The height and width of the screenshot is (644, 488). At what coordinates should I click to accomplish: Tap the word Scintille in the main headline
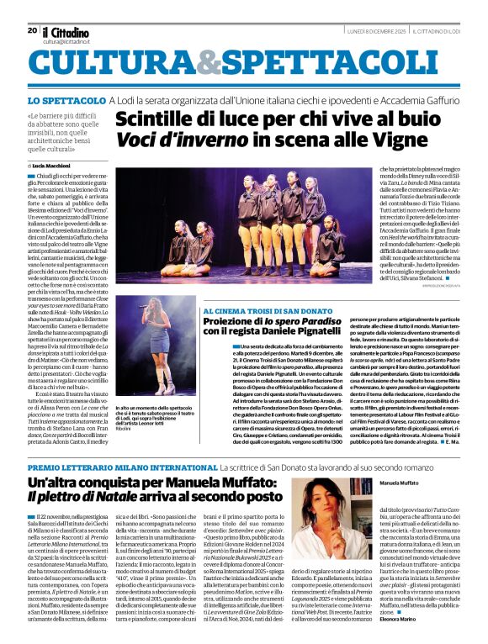point(156,120)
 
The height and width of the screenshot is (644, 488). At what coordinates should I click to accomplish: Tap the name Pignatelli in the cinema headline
point(347,332)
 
